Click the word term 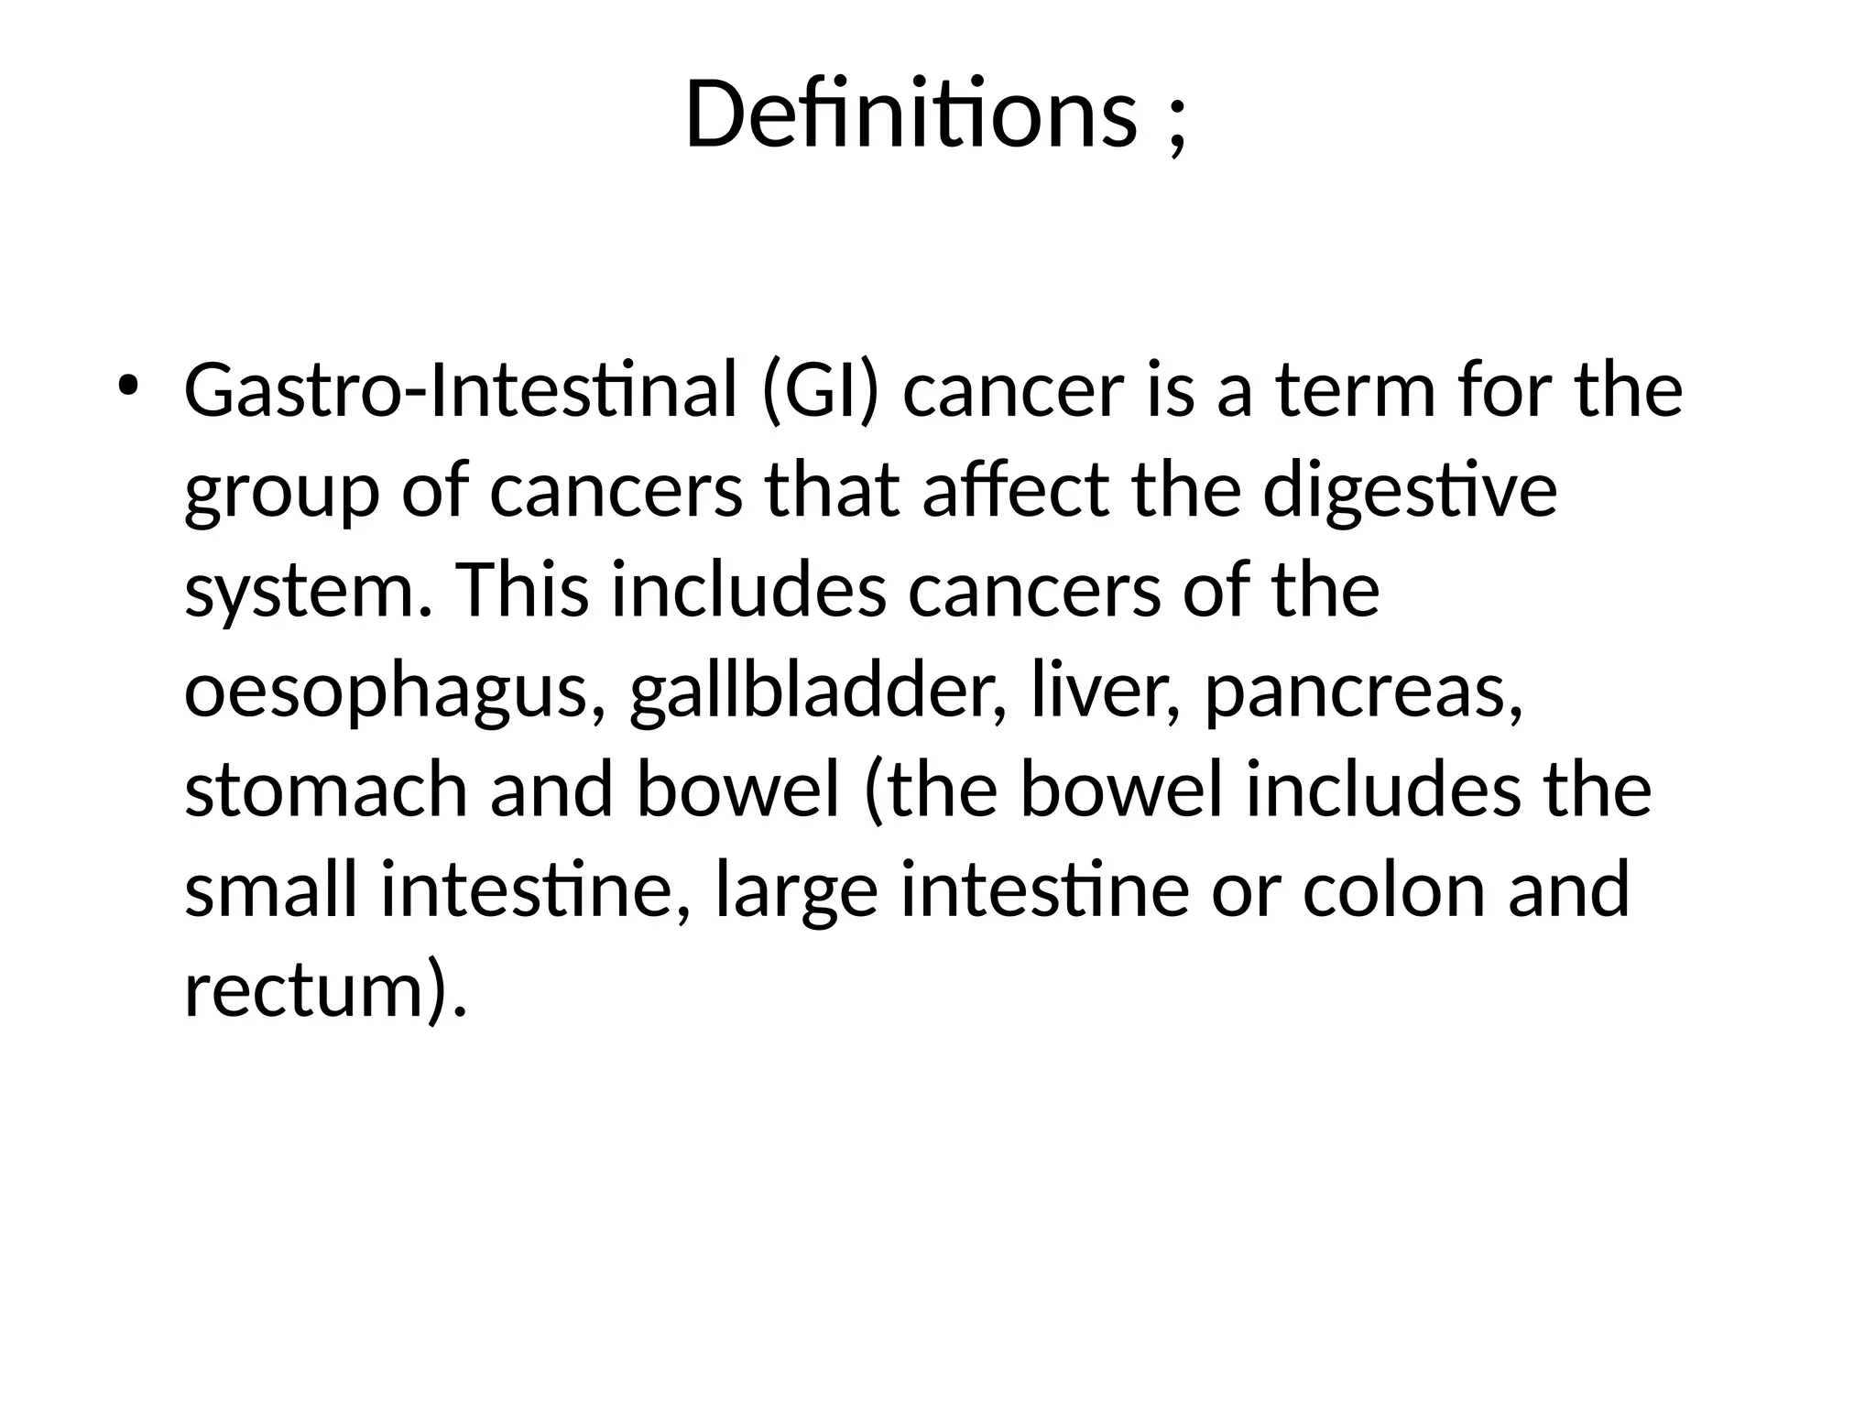(1355, 390)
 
